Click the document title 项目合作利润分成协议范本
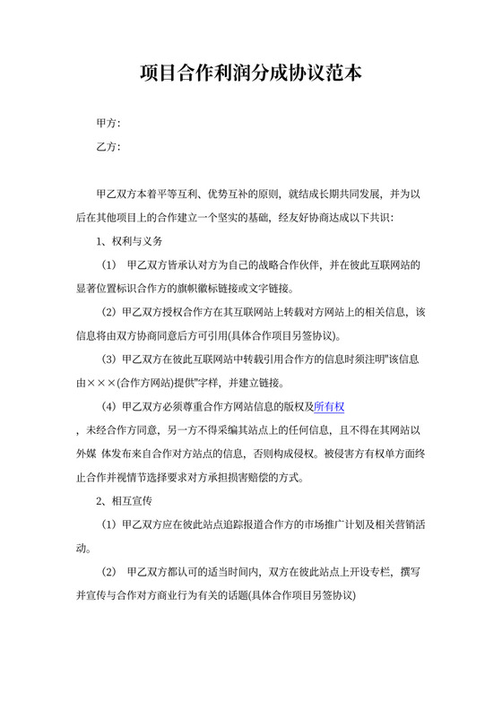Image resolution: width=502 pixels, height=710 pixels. click(251, 73)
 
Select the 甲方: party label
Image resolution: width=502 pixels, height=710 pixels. click(108, 123)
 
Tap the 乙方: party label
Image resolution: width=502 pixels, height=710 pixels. click(108, 147)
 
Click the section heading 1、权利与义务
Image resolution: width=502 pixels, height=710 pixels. click(129, 242)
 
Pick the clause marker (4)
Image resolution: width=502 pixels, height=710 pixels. click(109, 406)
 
